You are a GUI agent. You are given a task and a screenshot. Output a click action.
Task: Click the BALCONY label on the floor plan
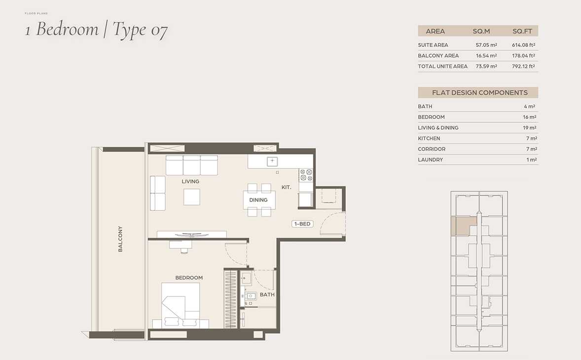click(120, 239)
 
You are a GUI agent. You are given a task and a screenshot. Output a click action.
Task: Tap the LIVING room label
click(190, 181)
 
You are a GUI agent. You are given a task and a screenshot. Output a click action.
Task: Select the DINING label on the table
click(258, 200)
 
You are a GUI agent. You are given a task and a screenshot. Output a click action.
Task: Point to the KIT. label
click(287, 187)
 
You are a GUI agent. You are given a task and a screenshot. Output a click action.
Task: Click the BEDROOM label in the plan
click(189, 278)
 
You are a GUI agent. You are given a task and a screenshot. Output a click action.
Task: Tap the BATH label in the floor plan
click(267, 295)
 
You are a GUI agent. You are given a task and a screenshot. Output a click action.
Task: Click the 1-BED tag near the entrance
click(302, 224)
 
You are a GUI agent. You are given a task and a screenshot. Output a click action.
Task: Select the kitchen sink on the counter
click(272, 161)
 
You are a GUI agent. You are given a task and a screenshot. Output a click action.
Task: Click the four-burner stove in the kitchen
click(306, 175)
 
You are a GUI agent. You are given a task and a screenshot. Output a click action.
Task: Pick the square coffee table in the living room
click(191, 197)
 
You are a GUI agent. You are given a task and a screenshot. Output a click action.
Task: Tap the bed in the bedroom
click(181, 306)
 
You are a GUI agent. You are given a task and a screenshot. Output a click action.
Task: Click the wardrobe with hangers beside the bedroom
click(230, 299)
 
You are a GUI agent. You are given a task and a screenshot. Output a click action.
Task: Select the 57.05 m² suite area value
click(486, 45)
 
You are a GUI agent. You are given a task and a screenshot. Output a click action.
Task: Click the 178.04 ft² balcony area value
click(524, 56)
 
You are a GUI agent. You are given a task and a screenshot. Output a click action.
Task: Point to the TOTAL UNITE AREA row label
click(443, 66)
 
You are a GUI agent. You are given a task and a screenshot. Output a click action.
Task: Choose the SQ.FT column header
click(522, 32)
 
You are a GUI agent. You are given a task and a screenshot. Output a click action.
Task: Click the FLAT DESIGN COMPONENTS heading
click(480, 93)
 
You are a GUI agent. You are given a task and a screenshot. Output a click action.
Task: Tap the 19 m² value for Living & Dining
click(530, 128)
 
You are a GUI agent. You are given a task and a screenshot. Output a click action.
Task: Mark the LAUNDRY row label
click(431, 160)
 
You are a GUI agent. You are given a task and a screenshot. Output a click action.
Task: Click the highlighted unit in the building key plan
click(463, 225)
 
